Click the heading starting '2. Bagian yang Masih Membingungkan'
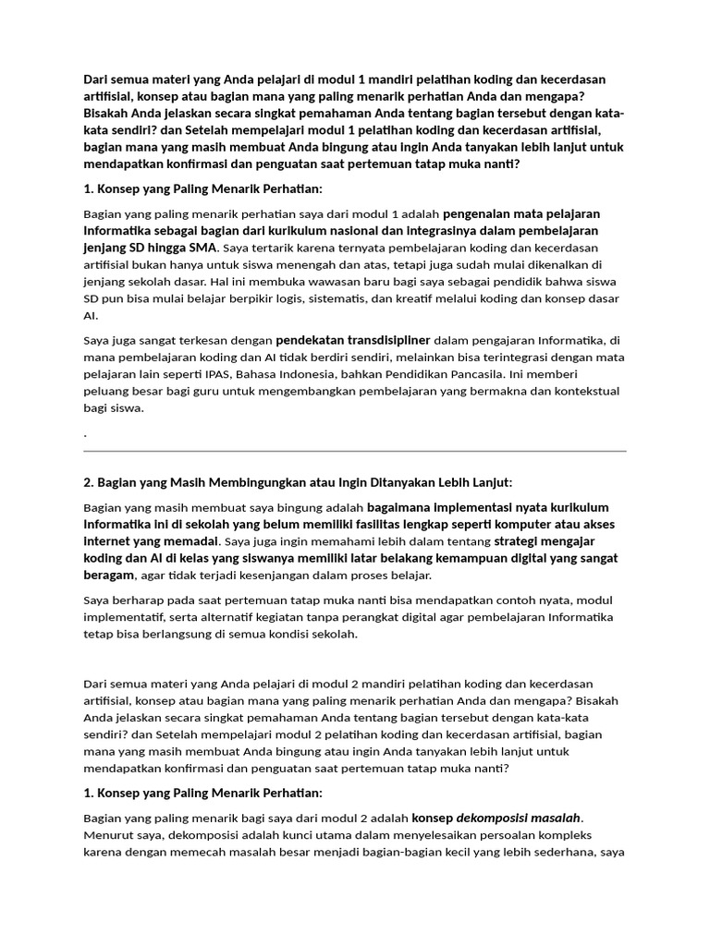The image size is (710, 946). pyautogui.click(x=297, y=482)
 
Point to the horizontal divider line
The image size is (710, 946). pyautogui.click(x=355, y=451)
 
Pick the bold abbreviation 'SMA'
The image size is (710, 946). pyautogui.click(x=203, y=249)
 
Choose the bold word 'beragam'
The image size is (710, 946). pyautogui.click(x=109, y=576)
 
